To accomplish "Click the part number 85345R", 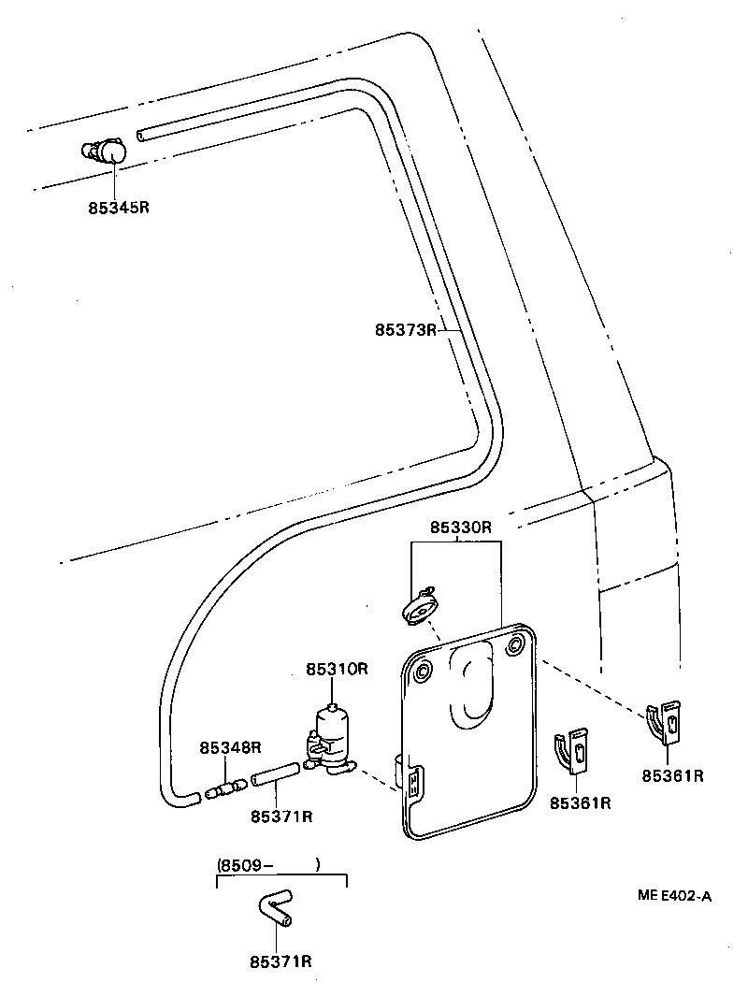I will [x=119, y=208].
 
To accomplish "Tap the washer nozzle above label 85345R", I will [x=106, y=151].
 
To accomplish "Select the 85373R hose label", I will [x=406, y=329].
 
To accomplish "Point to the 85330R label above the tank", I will [x=460, y=527].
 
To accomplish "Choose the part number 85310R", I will [x=338, y=670].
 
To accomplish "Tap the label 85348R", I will [x=229, y=747].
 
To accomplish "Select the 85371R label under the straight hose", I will [x=280, y=816].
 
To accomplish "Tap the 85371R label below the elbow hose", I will [x=280, y=961].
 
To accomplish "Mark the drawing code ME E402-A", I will [x=674, y=895].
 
